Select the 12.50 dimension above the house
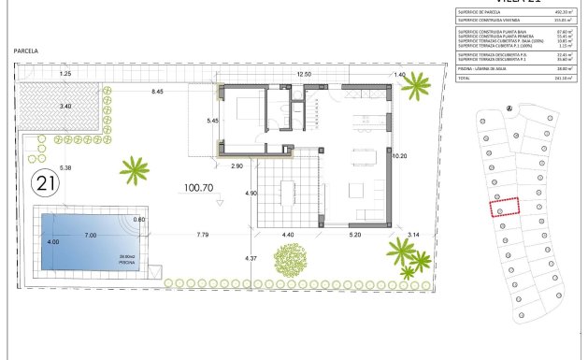pos(303,74)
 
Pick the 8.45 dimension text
pos(158,92)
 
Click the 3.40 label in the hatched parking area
pos(65,106)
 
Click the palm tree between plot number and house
pos(135,169)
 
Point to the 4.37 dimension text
pos(250,258)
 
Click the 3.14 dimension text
pos(413,235)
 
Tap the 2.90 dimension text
pos(237,165)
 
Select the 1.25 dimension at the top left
pos(65,74)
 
